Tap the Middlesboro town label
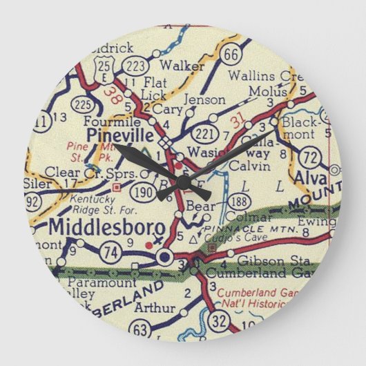(x=107, y=227)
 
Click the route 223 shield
(x=135, y=66)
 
